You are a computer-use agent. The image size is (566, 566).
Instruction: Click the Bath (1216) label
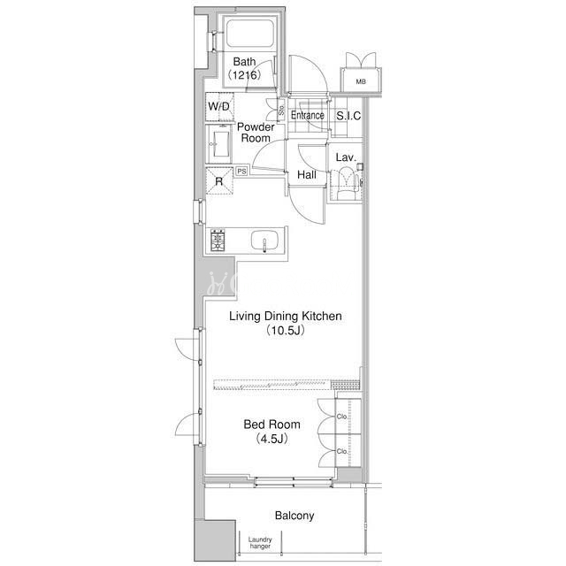click(244, 68)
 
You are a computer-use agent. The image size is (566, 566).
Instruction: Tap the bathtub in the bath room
click(249, 34)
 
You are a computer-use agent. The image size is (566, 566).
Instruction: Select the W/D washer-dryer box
click(219, 107)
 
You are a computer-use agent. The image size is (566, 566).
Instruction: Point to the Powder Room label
click(256, 133)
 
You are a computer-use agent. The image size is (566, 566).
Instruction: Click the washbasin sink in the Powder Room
click(221, 143)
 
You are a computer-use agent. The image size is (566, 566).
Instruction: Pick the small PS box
click(241, 171)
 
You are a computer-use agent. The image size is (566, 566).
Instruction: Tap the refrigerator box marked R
click(219, 180)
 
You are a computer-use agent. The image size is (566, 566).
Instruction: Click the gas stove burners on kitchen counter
click(218, 240)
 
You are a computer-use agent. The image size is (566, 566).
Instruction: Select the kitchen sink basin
click(264, 240)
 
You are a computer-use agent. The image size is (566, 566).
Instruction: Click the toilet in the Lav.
click(347, 183)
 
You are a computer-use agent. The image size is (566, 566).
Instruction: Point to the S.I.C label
click(348, 116)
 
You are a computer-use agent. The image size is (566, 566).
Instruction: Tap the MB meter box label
click(361, 82)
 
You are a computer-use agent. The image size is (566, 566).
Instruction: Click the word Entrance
click(308, 116)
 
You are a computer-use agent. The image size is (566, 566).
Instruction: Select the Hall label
click(307, 175)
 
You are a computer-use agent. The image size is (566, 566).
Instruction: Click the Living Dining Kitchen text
click(286, 317)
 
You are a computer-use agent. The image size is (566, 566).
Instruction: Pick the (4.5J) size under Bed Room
click(272, 439)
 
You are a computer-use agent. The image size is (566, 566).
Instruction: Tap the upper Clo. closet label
click(342, 417)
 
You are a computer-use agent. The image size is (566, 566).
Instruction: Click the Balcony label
click(294, 516)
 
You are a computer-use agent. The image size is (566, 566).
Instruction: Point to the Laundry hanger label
click(260, 543)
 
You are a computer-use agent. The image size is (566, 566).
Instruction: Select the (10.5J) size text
click(286, 331)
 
